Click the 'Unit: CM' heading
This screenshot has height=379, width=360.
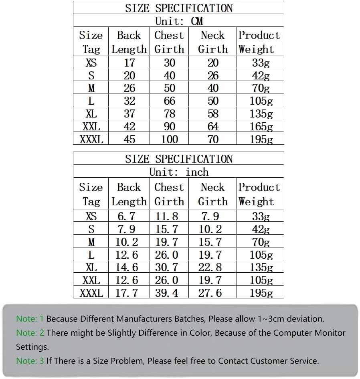tap(179, 21)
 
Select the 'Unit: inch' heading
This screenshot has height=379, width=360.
tap(179, 172)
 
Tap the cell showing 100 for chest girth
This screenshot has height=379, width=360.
tap(170, 139)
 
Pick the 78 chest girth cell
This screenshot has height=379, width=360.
tap(170, 113)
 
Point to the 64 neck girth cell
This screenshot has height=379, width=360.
tap(213, 126)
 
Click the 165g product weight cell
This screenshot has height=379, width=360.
tap(261, 126)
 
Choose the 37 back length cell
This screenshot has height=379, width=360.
tap(129, 113)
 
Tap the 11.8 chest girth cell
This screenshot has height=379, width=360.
tap(166, 217)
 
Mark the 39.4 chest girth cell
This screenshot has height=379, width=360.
tap(166, 293)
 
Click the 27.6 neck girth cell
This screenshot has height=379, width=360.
tap(210, 293)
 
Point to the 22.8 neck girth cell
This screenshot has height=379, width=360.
tap(210, 268)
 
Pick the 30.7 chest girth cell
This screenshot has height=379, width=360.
tap(166, 268)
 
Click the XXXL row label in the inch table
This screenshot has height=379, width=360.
tap(91, 293)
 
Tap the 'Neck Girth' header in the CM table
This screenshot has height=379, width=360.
tap(213, 42)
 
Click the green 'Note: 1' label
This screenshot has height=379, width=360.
tap(30, 319)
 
